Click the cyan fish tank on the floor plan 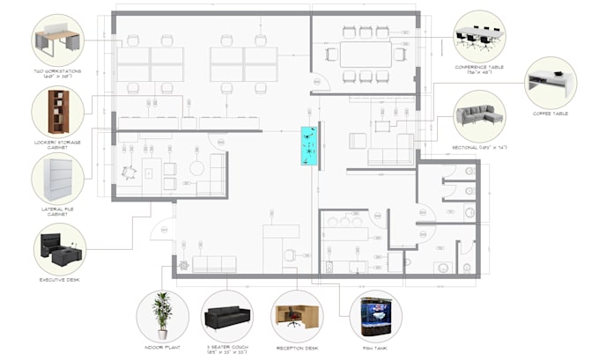[x=310, y=145]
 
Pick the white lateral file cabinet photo [x=58, y=178]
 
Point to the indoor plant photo [x=162, y=316]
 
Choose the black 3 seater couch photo [x=227, y=316]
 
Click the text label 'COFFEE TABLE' [x=550, y=114]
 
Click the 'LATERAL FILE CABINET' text [x=58, y=211]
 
